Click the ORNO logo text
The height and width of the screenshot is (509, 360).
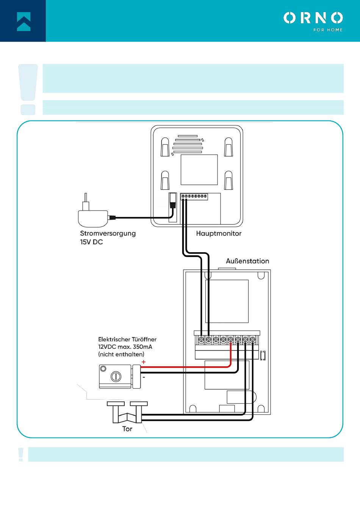point(313,18)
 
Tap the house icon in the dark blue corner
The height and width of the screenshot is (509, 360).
point(23,21)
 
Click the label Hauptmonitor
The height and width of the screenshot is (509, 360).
point(219,234)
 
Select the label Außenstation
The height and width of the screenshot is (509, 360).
point(247,261)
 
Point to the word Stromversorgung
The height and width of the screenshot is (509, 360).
point(108,233)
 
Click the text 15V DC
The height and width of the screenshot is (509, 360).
point(91,242)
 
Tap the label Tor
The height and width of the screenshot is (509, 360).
point(127,429)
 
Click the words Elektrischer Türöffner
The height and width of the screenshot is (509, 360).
point(127,339)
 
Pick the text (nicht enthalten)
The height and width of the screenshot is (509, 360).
point(121,354)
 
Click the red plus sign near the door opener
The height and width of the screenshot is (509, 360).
point(144,362)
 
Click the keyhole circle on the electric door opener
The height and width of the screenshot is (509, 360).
point(116,376)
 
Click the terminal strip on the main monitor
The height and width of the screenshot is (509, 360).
point(194,197)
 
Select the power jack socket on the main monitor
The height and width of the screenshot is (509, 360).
point(173,201)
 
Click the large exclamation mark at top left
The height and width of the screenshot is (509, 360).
point(28,89)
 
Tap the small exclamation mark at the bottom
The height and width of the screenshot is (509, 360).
point(21,454)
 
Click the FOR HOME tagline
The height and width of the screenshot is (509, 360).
point(328,30)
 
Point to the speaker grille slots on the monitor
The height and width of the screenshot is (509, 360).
point(188,144)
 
